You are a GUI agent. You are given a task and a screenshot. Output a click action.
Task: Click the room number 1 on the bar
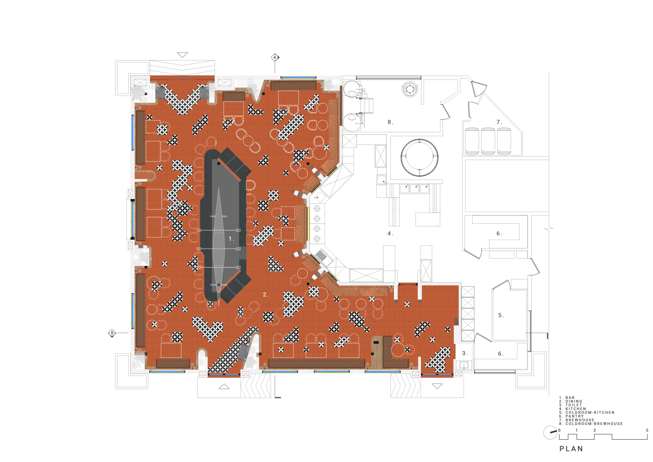pyautogui.click(x=230, y=239)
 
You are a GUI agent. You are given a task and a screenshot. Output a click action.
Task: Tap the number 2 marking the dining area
pyautogui.click(x=265, y=295)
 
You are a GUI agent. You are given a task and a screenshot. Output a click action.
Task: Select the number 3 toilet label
pyautogui.click(x=464, y=353)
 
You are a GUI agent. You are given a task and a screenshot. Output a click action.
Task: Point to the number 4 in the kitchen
pyautogui.click(x=390, y=233)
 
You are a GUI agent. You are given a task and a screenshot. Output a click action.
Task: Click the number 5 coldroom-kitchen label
pyautogui.click(x=500, y=315)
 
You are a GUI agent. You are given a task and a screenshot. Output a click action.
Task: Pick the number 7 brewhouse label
pyautogui.click(x=498, y=122)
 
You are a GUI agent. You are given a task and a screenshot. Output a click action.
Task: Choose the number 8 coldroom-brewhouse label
pyautogui.click(x=390, y=122)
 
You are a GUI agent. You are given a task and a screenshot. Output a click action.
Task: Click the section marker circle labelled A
pyautogui.click(x=275, y=57)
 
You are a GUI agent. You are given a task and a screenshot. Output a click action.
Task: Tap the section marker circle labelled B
pyautogui.click(x=112, y=333)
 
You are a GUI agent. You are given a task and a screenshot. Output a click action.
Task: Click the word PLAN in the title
pyautogui.click(x=571, y=449)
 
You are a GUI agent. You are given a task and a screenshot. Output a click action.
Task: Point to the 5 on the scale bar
pyautogui.click(x=647, y=431)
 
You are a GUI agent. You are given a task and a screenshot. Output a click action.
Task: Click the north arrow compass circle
pyautogui.click(x=550, y=433)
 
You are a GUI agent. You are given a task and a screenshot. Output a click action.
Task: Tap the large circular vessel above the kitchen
pyautogui.click(x=419, y=158)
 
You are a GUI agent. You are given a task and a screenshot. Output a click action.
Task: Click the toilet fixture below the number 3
pyautogui.click(x=464, y=365)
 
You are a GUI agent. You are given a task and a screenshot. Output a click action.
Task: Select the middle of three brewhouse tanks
pyautogui.click(x=488, y=141)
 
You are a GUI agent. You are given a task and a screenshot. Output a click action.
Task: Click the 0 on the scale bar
pyautogui.click(x=559, y=431)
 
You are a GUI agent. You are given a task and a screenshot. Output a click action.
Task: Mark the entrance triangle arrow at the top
pyautogui.click(x=182, y=55)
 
